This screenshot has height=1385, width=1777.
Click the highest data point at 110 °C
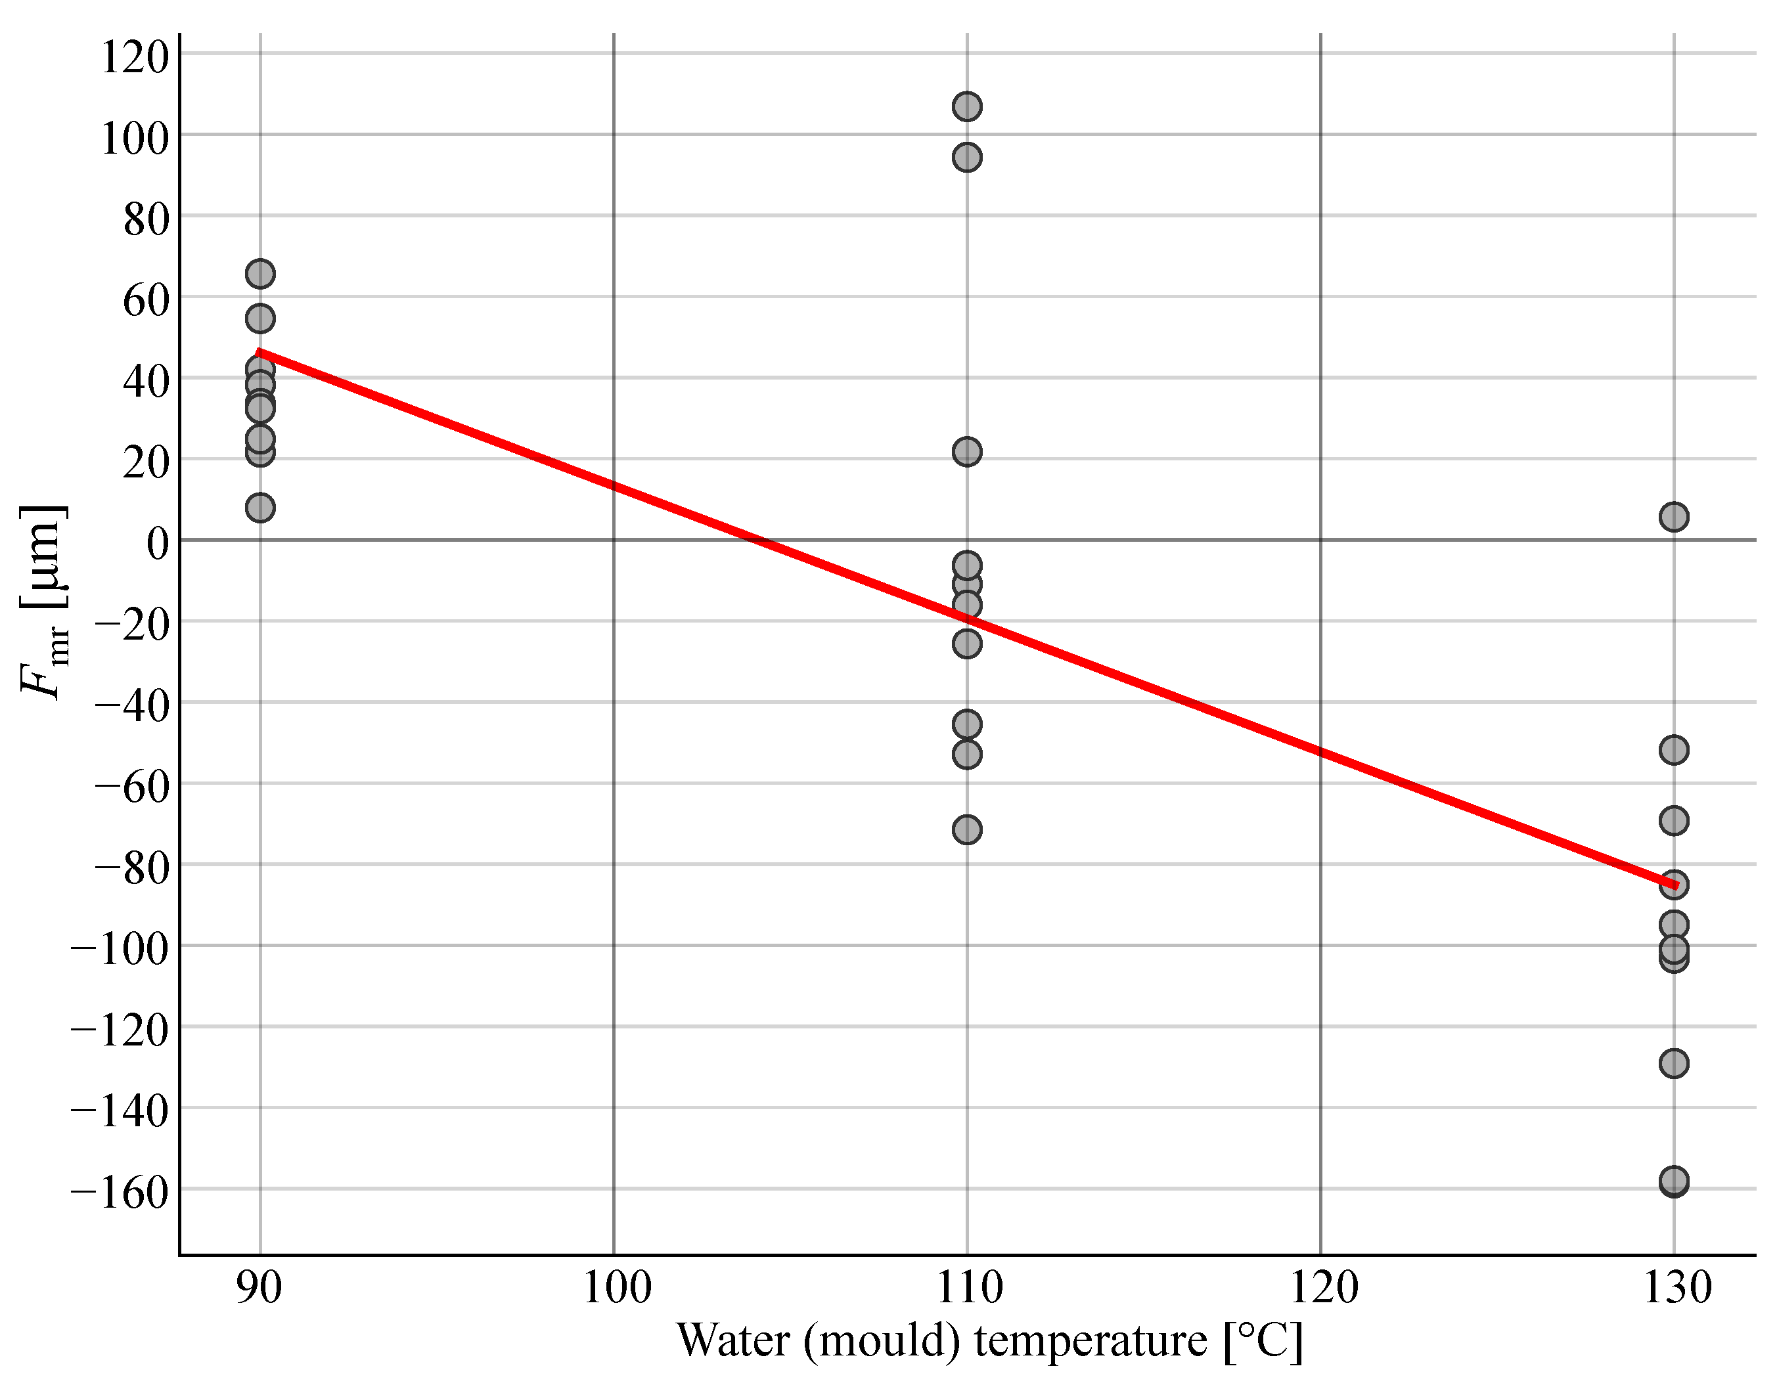pos(966,106)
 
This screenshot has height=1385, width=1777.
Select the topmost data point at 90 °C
pos(259,274)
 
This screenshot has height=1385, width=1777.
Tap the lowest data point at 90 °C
pos(259,508)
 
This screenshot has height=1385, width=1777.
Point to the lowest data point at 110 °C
pos(966,829)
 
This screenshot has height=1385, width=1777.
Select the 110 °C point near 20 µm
pos(966,451)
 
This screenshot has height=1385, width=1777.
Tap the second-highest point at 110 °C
pos(966,157)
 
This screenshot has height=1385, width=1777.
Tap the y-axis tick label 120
pos(134,57)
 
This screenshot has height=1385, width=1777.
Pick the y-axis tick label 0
pos(157,542)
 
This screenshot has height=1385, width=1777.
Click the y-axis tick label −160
pos(120,1192)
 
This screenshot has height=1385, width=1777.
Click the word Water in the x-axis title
pos(733,1340)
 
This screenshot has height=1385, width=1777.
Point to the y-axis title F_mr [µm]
pos(42,602)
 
